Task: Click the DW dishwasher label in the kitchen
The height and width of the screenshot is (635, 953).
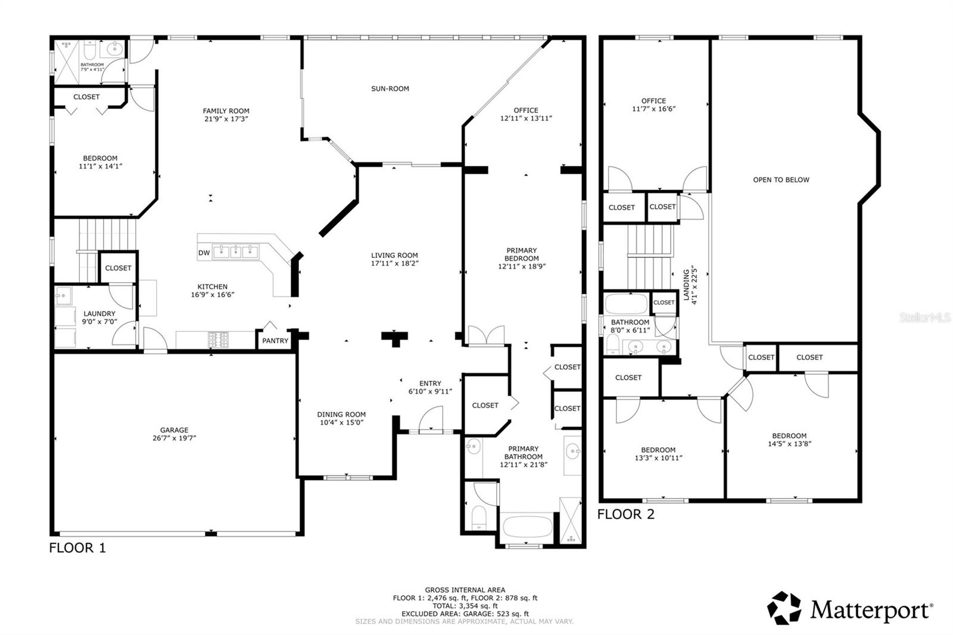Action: point(204,253)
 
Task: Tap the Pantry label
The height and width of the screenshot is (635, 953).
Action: point(275,341)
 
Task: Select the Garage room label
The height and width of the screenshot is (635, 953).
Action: point(174,434)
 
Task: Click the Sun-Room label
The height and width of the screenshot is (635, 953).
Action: point(390,89)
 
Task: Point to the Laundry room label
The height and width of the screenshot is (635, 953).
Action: point(99,317)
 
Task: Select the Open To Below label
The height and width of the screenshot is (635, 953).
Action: point(781,180)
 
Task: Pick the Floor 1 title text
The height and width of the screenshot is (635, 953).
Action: point(77,548)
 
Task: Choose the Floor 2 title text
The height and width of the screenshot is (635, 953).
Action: point(625,515)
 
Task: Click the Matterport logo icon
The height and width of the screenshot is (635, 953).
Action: point(784,608)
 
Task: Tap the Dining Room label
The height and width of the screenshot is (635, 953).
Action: point(341,418)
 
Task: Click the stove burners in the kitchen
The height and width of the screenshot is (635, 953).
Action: point(218,340)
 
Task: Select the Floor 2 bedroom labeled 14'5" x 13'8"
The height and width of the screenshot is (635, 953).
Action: point(789,440)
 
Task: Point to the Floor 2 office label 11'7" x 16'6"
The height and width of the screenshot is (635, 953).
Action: point(653,105)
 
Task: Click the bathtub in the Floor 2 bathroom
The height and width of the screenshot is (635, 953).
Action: point(626,304)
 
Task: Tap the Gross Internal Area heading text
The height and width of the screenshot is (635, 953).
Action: point(465,590)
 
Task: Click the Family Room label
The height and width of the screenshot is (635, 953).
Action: point(226,114)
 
